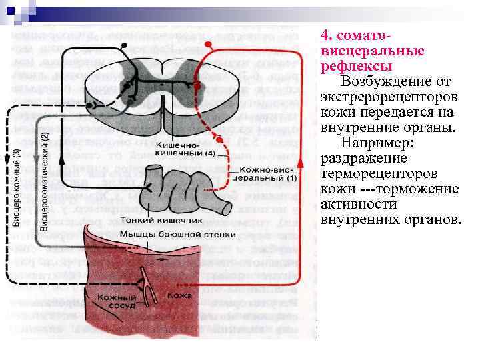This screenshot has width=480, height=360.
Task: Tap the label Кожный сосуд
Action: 117,301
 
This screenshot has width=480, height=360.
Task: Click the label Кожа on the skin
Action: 180,295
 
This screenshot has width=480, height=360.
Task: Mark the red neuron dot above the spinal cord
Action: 208,44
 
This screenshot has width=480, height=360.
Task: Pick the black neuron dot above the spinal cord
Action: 123,45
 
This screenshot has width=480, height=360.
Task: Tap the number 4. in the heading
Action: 326,34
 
